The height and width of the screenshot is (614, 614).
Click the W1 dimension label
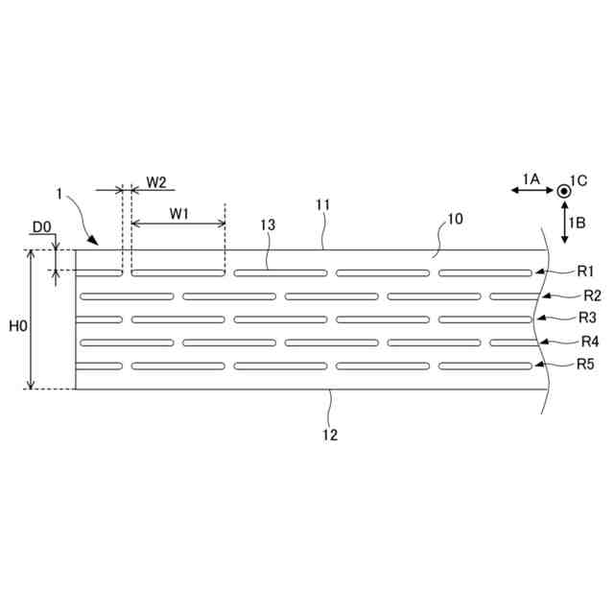(179, 214)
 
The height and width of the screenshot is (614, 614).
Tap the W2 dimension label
(156, 182)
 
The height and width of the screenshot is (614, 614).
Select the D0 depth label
(41, 227)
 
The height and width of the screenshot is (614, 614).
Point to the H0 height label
(18, 325)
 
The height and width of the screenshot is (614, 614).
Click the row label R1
(585, 271)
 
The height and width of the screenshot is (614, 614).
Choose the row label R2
(592, 295)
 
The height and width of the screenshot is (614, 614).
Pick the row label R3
(587, 318)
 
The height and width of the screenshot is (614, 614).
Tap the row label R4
(590, 342)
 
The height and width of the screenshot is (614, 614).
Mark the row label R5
(585, 365)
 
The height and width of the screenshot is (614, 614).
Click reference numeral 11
(323, 204)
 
